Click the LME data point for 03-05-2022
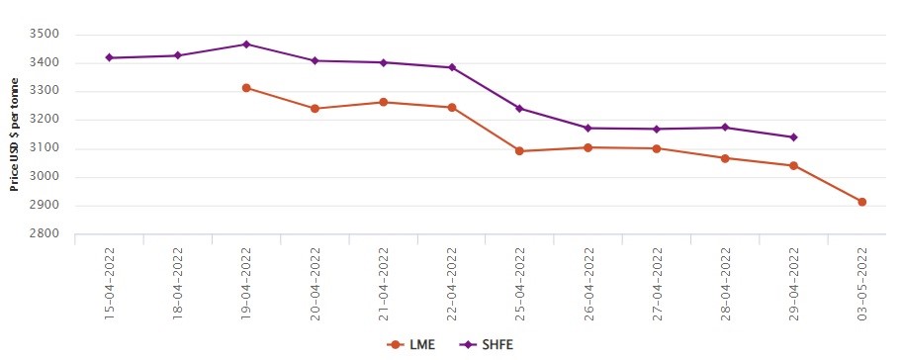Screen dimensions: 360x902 [x=862, y=202]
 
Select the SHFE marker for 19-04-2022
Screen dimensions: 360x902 [x=246, y=45]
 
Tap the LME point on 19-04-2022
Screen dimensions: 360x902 [x=246, y=88]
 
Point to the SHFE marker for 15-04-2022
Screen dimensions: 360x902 [x=109, y=57]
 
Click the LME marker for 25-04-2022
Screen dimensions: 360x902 [x=520, y=151]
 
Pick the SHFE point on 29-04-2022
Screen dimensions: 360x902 [x=794, y=137]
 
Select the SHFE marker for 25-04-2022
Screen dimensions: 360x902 [x=520, y=109]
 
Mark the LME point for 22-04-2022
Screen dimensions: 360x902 [x=452, y=107]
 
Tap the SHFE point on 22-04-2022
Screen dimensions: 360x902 [x=452, y=67]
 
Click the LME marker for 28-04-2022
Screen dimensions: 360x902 [x=725, y=158]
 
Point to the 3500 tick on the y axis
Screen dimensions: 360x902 [x=46, y=35]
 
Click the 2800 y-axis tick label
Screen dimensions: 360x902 [x=46, y=235]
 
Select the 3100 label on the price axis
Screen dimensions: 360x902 [x=46, y=149]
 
